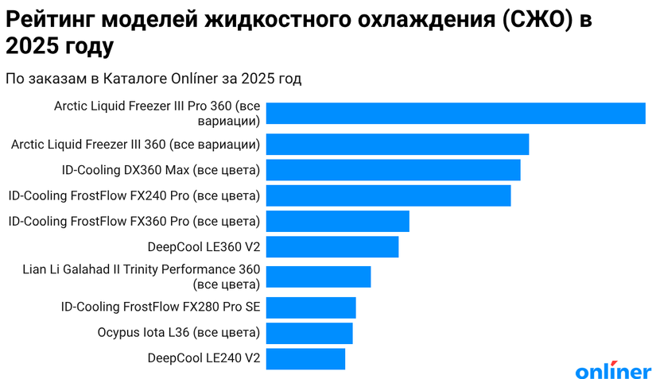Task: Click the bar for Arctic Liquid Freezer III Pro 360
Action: [x=455, y=114]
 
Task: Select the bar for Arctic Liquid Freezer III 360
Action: [x=397, y=144]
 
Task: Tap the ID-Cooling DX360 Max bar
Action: [x=393, y=170]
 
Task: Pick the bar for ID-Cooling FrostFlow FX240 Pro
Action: [x=388, y=195]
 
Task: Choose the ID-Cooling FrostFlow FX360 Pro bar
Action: [x=337, y=221]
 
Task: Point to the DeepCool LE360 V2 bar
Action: [x=332, y=247]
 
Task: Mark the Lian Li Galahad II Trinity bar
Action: [x=318, y=277]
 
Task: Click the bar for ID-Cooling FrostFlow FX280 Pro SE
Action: [x=310, y=307]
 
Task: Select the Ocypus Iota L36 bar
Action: [x=309, y=333]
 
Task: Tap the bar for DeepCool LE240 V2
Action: [x=305, y=358]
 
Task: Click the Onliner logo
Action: [x=612, y=370]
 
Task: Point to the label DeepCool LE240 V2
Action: [x=204, y=358]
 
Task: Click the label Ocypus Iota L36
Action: [x=179, y=333]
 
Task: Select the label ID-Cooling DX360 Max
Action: [x=161, y=170]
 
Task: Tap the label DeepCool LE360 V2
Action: [x=204, y=247]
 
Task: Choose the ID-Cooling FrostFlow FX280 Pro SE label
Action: [x=161, y=307]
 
